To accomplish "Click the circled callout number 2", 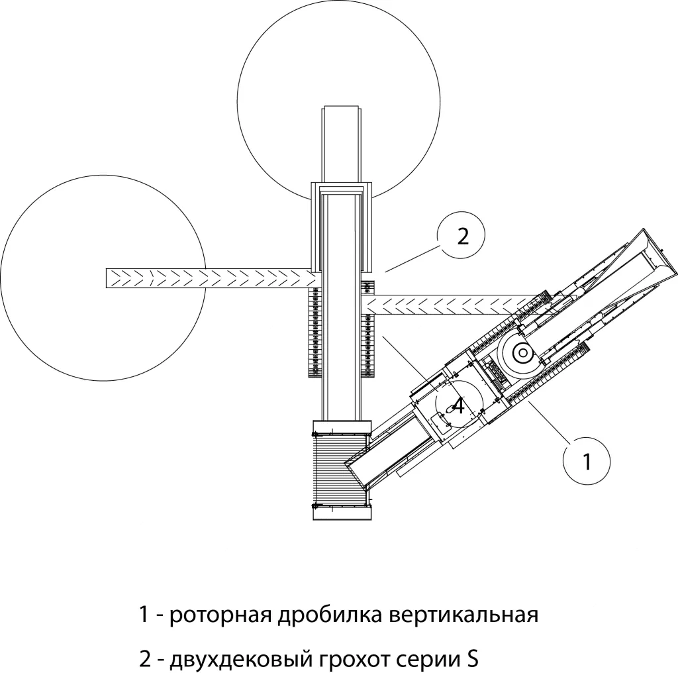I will (x=461, y=236).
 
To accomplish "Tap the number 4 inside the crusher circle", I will (x=458, y=405).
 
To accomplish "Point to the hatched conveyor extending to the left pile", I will (x=199, y=278).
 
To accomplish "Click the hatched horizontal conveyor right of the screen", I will (x=450, y=305).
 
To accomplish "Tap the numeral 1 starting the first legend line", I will (x=142, y=615).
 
